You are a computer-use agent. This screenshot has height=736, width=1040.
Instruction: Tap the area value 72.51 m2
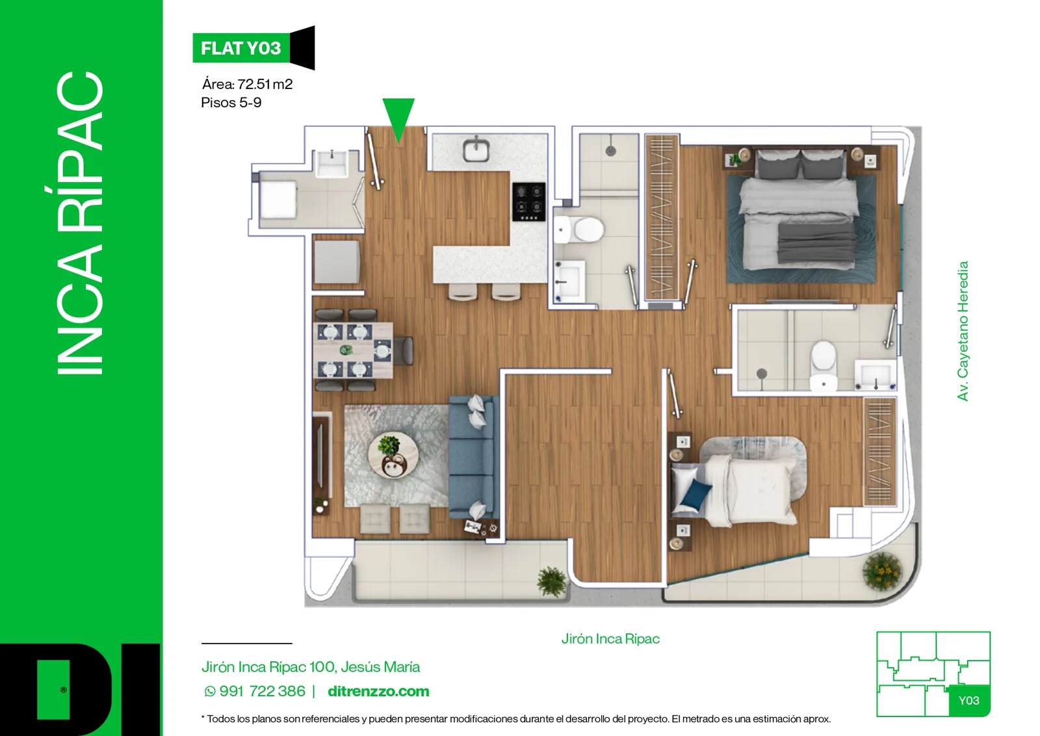point(265,84)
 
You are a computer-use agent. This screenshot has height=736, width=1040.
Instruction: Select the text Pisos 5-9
point(231,103)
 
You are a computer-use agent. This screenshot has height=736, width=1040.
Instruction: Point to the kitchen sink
point(476,150)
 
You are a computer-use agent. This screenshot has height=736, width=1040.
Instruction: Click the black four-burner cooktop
point(529,202)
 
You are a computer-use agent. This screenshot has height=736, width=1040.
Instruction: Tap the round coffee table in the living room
point(393,455)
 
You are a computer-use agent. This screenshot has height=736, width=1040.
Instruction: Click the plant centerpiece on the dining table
point(346,350)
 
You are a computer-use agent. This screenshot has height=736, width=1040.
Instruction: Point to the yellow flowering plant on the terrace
point(882,571)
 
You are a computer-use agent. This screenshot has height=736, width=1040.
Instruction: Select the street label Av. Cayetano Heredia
point(963,331)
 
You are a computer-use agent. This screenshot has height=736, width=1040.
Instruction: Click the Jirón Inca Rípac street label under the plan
point(610,639)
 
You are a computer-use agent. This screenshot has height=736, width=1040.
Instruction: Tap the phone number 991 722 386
point(263,691)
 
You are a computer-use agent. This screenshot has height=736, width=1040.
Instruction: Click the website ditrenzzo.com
point(378,691)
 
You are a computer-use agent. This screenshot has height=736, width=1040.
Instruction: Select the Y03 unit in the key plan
point(969,700)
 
